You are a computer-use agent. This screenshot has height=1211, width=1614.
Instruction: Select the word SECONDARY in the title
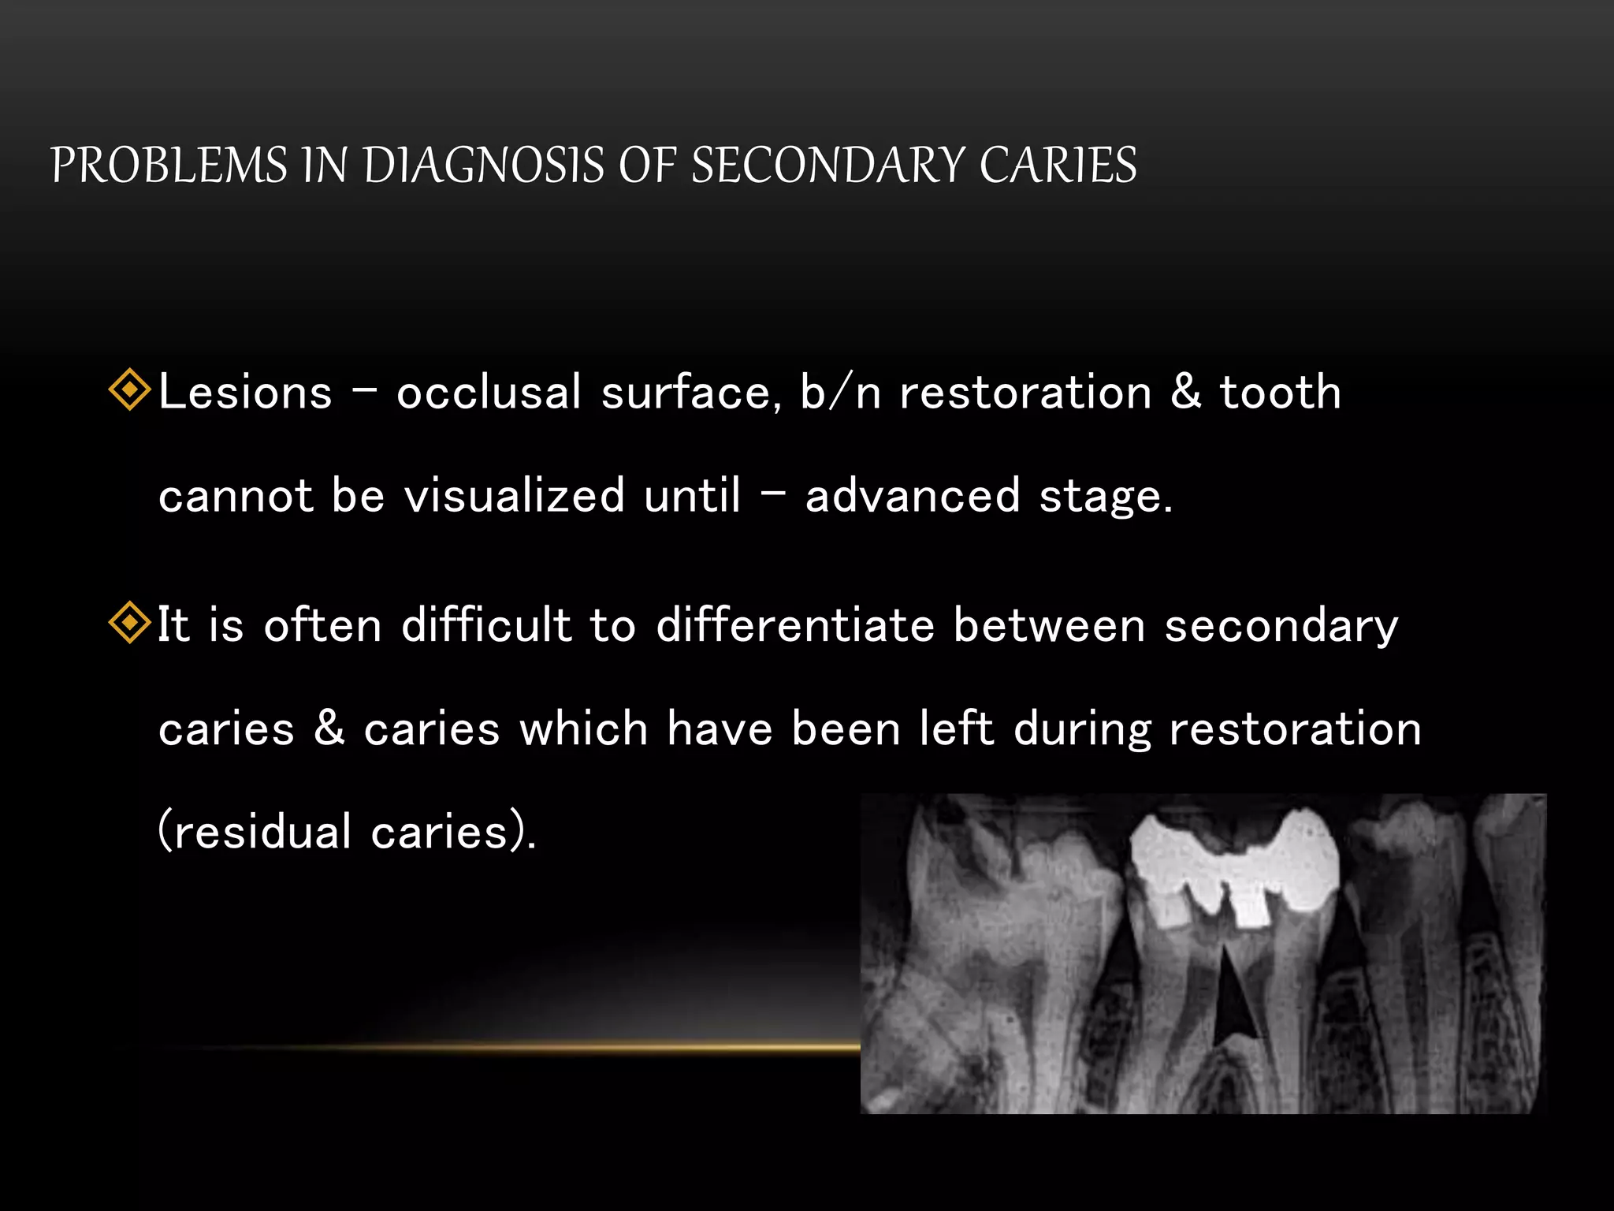827,166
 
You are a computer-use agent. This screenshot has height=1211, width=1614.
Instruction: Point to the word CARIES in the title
1058,166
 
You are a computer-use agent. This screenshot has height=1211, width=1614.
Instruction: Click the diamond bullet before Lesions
129,390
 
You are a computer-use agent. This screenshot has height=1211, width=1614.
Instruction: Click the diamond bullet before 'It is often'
129,623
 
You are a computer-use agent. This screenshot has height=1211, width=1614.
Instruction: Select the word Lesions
245,392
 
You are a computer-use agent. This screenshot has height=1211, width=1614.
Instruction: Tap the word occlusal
489,392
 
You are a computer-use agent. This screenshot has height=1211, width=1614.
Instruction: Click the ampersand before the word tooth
1186,392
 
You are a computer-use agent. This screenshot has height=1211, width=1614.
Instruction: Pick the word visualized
515,495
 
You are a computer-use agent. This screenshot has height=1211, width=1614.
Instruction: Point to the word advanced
913,495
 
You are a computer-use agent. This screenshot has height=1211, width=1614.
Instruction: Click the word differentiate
795,625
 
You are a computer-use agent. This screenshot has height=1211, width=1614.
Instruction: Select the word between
1049,625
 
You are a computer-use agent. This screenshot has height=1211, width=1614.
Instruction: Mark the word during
1082,729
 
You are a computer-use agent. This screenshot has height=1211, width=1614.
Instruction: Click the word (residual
255,831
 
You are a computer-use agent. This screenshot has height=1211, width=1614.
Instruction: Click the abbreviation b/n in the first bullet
840,392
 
